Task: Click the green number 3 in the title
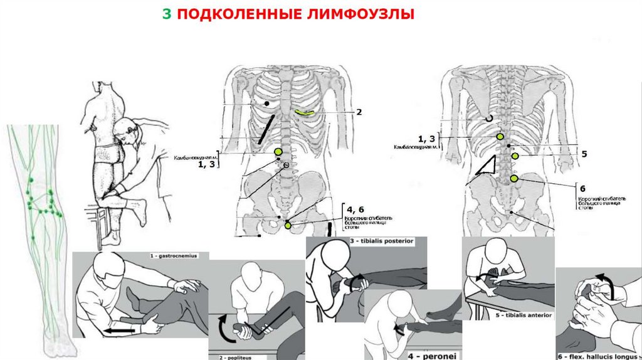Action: pyautogui.click(x=166, y=14)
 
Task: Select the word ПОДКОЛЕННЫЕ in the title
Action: pyautogui.click(x=238, y=14)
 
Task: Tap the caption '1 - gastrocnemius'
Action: pyautogui.click(x=174, y=256)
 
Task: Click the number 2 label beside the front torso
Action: pyautogui.click(x=359, y=113)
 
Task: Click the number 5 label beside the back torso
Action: pyautogui.click(x=584, y=154)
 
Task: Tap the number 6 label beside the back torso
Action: pyautogui.click(x=582, y=189)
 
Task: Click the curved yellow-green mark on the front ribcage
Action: pyautogui.click(x=305, y=112)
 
